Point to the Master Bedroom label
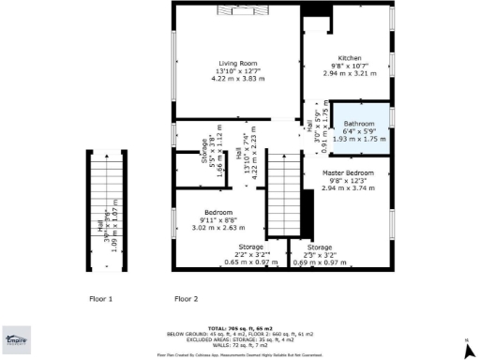pos(349,172)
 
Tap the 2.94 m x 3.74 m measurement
pos(349,187)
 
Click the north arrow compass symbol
pos(466,348)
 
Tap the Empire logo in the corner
pos(15,342)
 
